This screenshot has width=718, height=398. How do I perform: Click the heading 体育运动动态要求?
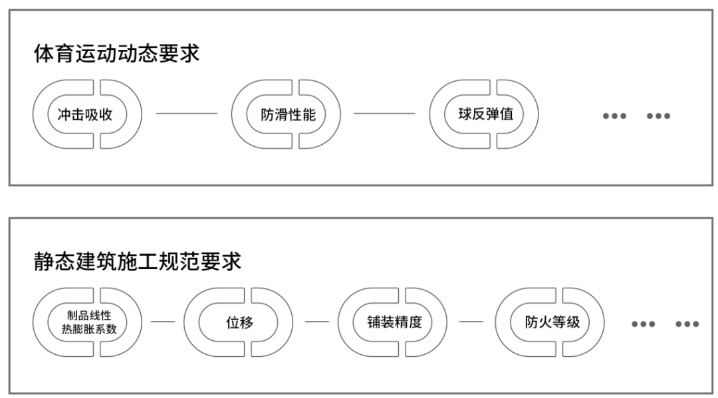(x=116, y=54)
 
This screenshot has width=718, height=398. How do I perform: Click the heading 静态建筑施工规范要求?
(x=138, y=261)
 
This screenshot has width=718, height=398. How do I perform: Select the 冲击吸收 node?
(x=87, y=114)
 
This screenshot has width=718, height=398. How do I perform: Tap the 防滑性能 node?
(x=287, y=114)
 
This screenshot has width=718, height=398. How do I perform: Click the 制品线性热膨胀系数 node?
(x=87, y=322)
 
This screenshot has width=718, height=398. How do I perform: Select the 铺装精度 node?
(x=394, y=322)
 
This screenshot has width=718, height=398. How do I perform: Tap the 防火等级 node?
(x=551, y=322)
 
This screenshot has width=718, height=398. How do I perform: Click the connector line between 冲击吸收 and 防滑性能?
(x=186, y=114)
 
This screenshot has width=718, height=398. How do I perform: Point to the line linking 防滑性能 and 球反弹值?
(x=384, y=114)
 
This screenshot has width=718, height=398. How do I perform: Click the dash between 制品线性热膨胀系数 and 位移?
(x=163, y=322)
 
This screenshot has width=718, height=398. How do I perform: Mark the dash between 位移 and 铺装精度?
(x=316, y=322)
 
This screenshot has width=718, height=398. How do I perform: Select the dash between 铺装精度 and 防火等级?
(x=471, y=322)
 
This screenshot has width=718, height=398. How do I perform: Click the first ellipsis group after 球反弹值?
(x=614, y=116)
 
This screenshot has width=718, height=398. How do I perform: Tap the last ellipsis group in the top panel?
(x=658, y=116)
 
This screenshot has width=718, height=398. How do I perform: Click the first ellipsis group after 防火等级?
(x=643, y=324)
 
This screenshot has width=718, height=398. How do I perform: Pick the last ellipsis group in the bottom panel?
(x=687, y=324)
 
